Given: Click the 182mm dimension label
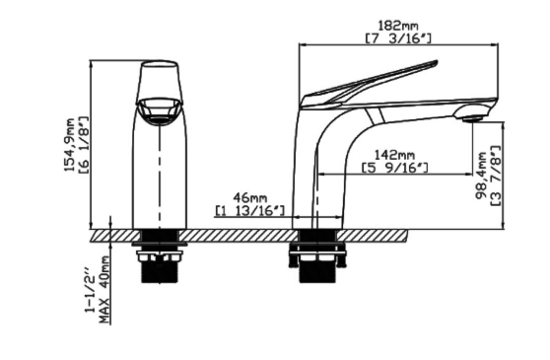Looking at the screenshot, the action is click(398, 26).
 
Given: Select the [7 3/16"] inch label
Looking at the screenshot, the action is click(398, 38).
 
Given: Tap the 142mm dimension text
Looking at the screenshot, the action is click(394, 155).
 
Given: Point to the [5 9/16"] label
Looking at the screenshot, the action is click(395, 168).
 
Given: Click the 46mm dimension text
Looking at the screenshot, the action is click(250, 197).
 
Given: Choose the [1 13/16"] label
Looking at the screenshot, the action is click(249, 210).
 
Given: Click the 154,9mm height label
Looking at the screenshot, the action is click(70, 145).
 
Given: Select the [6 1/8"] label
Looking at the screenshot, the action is click(84, 145).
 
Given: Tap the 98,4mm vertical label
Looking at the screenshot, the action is click(481, 176).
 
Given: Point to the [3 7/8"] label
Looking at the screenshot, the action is click(495, 176).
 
